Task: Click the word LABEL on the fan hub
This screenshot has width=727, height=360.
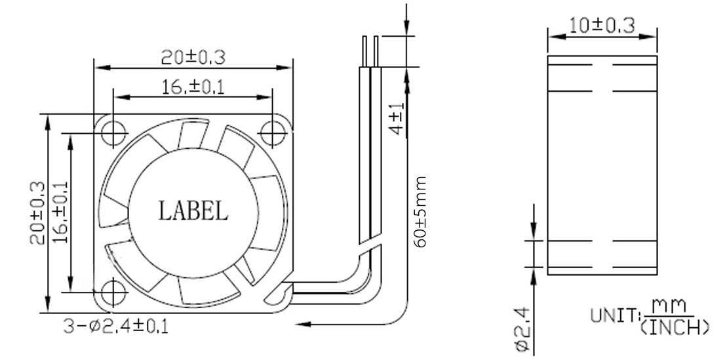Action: click(x=193, y=210)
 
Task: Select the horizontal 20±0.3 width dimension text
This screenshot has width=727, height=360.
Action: click(x=193, y=57)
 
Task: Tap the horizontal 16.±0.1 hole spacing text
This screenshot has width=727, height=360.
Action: click(x=193, y=87)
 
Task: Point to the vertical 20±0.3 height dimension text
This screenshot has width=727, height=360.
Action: click(x=39, y=213)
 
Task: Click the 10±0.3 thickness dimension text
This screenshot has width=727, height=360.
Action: click(x=602, y=26)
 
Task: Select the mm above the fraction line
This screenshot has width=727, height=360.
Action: click(x=669, y=306)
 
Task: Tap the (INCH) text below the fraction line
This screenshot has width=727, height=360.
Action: click(x=671, y=326)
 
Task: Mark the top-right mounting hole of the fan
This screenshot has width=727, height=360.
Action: click(x=271, y=132)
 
